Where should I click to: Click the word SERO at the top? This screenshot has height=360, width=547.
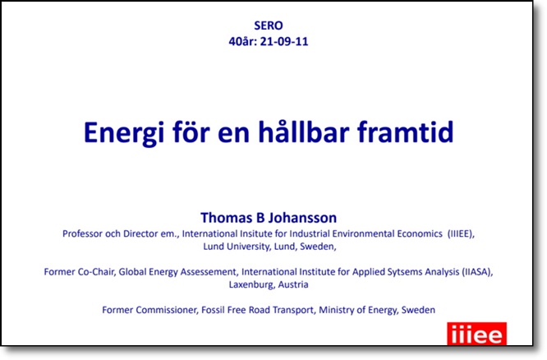point(269,25)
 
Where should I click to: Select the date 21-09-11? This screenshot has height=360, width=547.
point(284,42)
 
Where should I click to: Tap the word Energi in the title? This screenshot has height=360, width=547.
point(123,133)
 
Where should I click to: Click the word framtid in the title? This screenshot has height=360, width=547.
point(406,132)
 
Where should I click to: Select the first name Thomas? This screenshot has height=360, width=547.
point(227,218)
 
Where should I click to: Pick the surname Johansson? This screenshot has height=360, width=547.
point(302,218)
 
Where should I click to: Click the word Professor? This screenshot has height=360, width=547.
point(82,233)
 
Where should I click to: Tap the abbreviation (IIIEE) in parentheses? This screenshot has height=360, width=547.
point(462,233)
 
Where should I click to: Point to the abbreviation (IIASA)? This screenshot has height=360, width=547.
point(477,272)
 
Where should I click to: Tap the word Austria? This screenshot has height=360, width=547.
point(293,284)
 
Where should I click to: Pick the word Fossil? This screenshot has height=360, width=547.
point(214,310)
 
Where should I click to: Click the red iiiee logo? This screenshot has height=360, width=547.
point(477,334)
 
